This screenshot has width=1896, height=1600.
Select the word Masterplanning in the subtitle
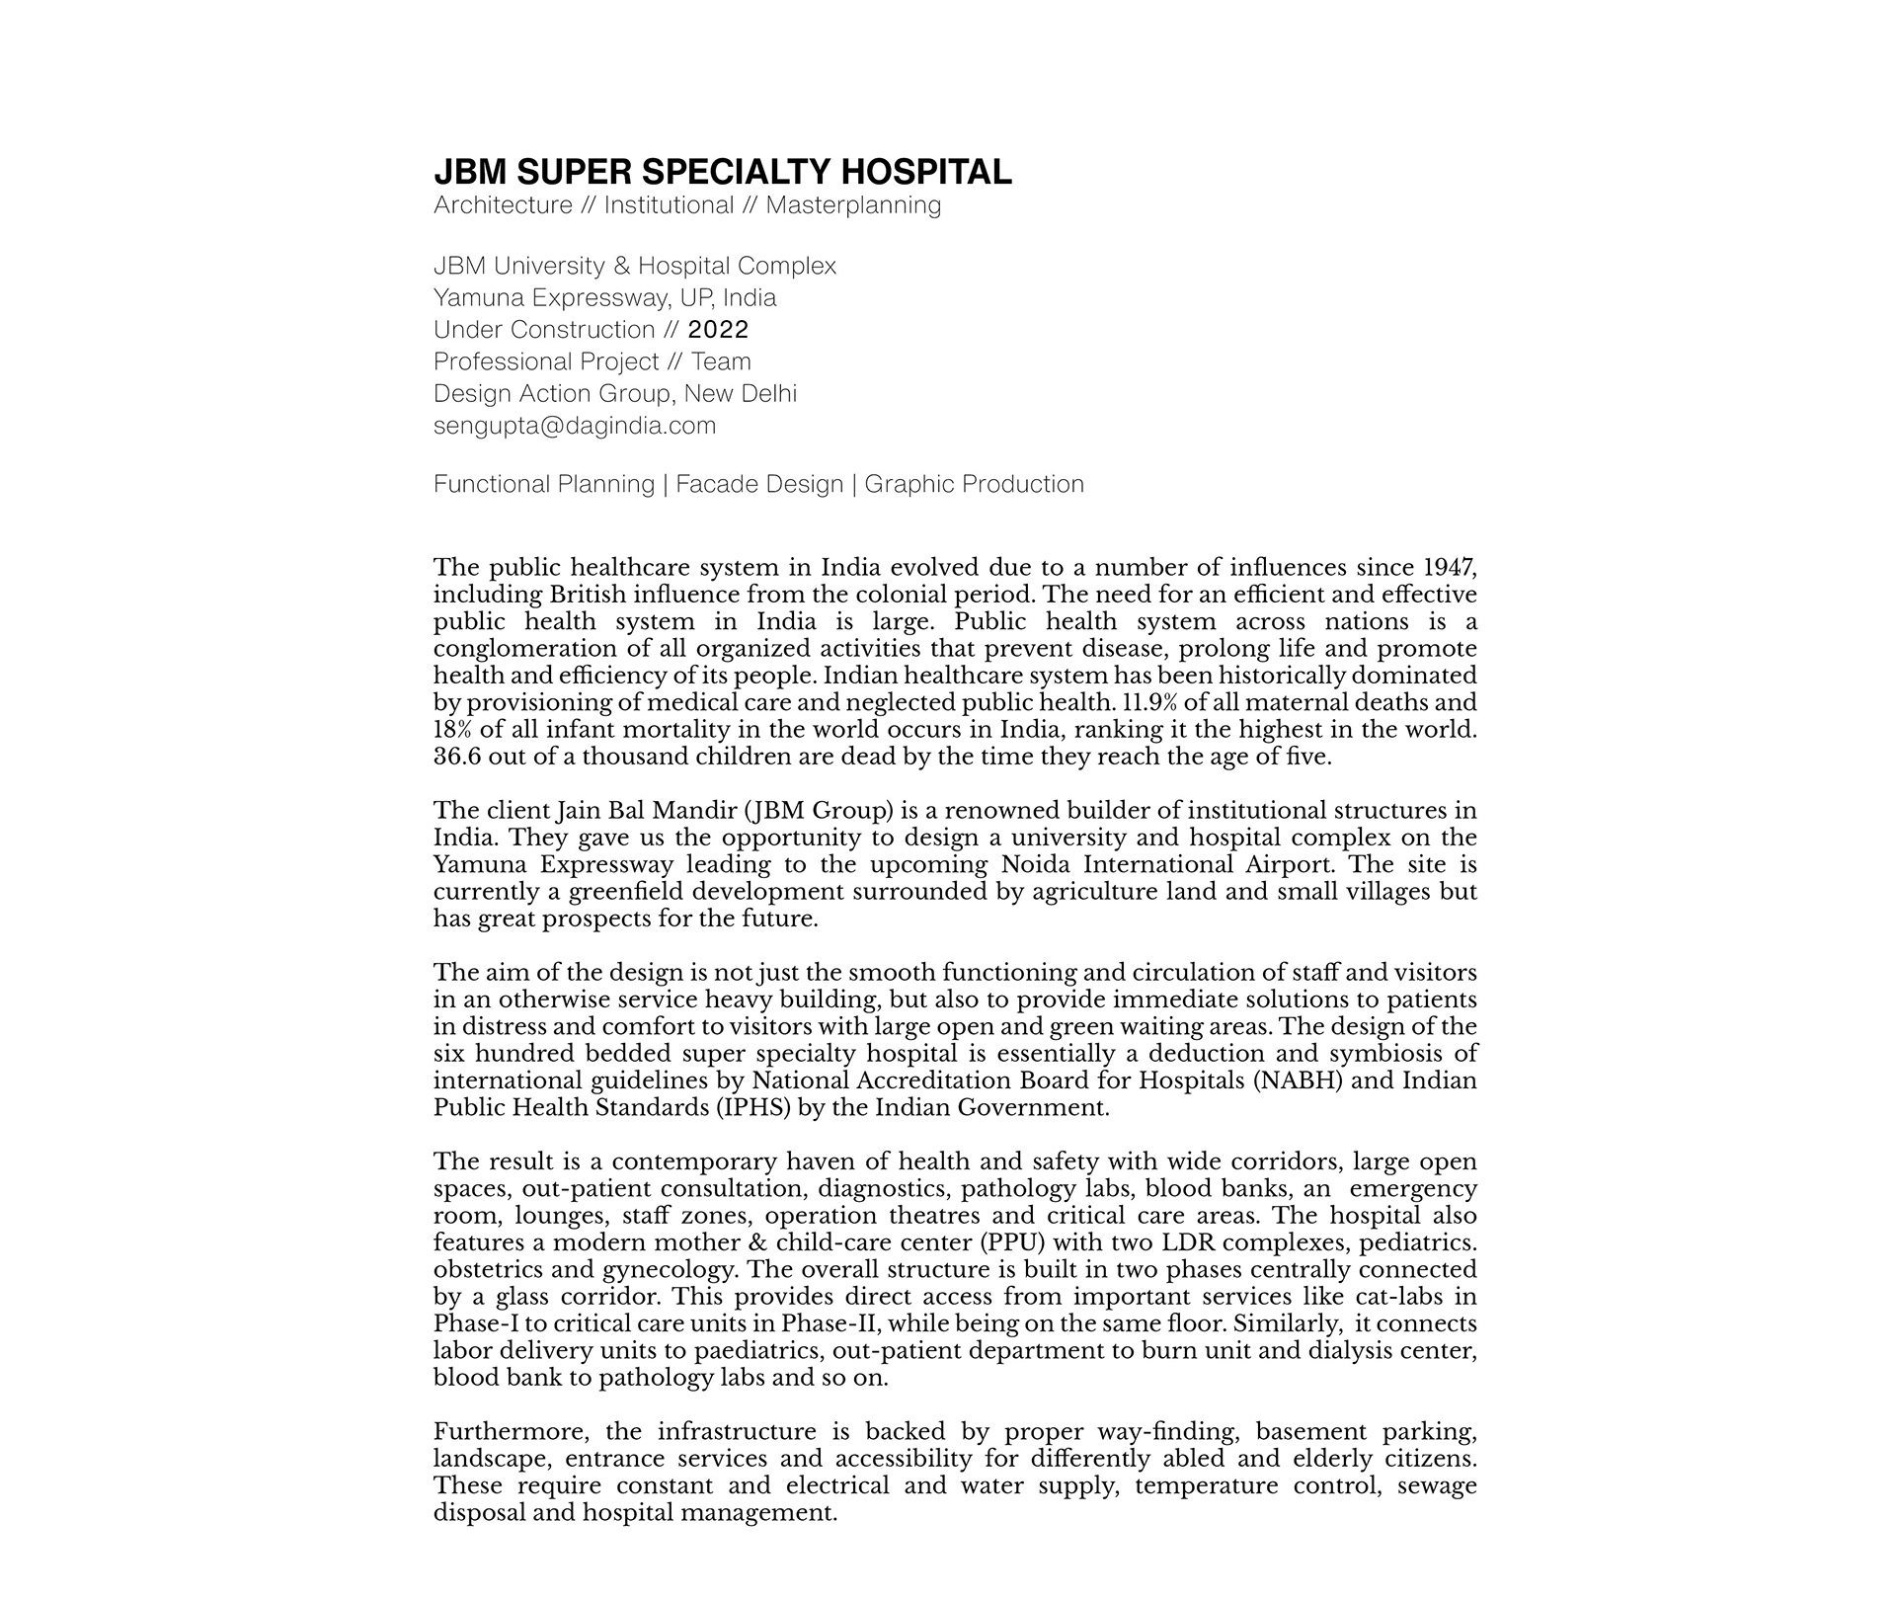click(x=853, y=205)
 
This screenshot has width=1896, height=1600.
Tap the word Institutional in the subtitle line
click(x=669, y=205)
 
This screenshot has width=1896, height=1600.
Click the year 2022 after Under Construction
click(x=718, y=330)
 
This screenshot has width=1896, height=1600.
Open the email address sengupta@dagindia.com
click(x=574, y=426)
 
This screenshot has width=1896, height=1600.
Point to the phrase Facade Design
click(x=759, y=484)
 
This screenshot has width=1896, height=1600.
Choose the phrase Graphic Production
click(x=974, y=484)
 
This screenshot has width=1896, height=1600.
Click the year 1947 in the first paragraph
click(x=1449, y=568)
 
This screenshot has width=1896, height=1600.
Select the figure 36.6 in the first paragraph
click(x=457, y=757)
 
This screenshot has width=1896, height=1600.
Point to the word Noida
click(x=1039, y=865)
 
